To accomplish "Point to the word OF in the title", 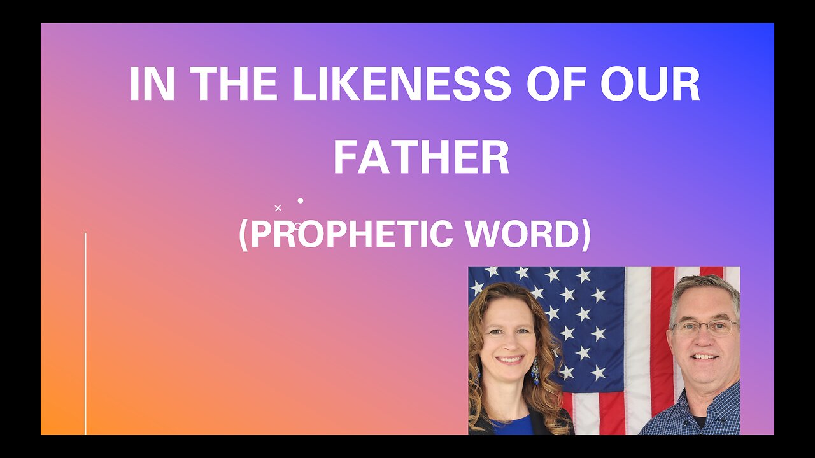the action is click(x=556, y=83).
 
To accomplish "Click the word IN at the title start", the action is click(x=152, y=83).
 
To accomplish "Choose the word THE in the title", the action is click(x=234, y=83).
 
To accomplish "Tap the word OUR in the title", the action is click(x=650, y=83).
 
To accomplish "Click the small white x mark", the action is click(x=278, y=208).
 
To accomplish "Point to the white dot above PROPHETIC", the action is click(x=301, y=200).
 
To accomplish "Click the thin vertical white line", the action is click(x=85, y=334).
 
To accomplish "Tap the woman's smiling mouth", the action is click(x=510, y=359).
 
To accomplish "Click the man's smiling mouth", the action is click(x=704, y=357).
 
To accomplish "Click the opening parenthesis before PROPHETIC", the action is click(x=243, y=236).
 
